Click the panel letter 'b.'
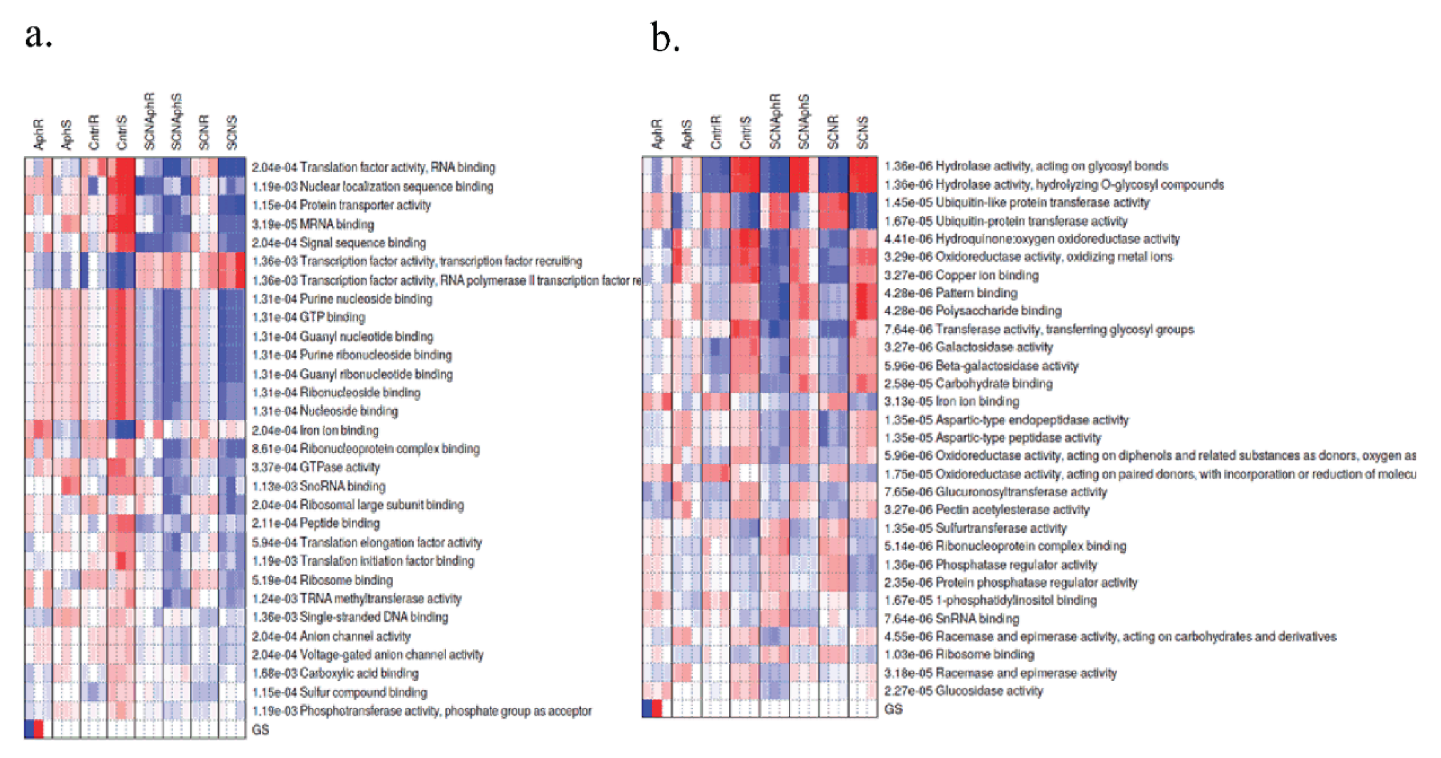tap(665, 38)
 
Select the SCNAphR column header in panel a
tap(149, 121)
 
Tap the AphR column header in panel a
tap(39, 134)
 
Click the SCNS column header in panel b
tap(863, 133)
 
